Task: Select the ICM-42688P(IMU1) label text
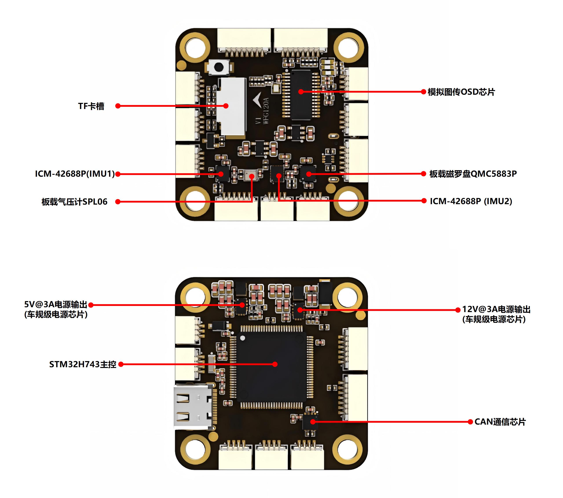point(75,174)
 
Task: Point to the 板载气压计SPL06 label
point(74,202)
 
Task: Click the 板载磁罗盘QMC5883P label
point(473,174)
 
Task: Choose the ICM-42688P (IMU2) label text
point(471,201)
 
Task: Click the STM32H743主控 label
point(83,364)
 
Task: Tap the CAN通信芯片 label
point(500,422)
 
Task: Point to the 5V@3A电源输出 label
point(56,304)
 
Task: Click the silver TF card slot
point(231,106)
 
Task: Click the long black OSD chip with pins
point(301,95)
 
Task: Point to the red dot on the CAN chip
point(313,422)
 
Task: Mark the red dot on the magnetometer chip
point(309,174)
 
